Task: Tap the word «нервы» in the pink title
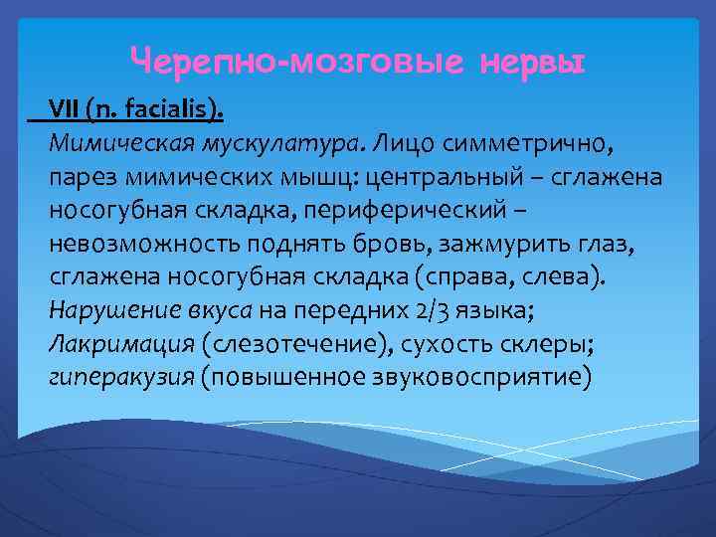[532, 63]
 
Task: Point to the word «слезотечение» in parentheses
[295, 345]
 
